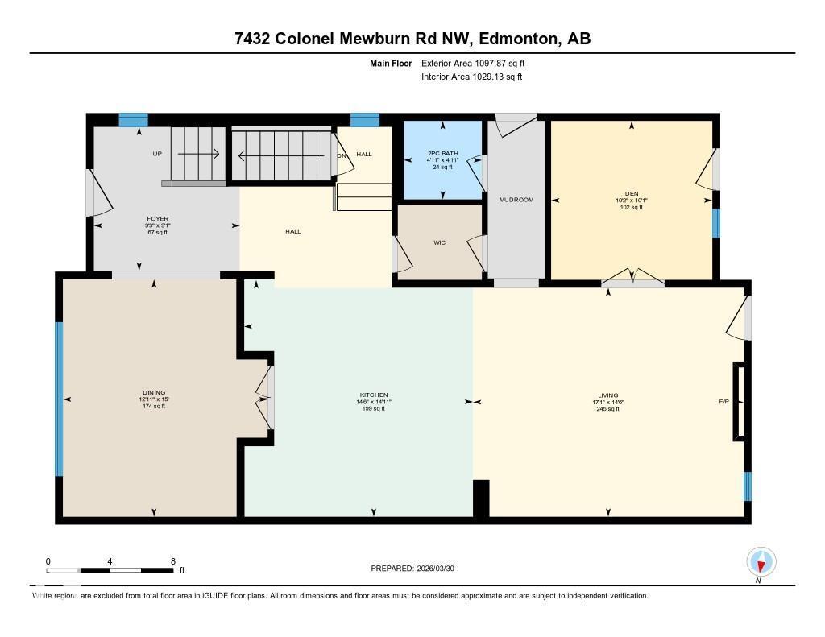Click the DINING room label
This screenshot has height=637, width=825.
153,393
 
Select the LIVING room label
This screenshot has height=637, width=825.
607,395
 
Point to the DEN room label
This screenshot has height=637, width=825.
632,194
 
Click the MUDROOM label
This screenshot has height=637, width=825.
516,200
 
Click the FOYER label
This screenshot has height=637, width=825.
157,218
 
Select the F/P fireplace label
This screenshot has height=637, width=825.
723,401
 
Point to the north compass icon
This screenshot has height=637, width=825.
761,562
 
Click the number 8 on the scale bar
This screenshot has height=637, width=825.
172,561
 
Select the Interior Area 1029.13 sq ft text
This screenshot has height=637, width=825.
471,77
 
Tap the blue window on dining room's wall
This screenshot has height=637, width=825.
58,399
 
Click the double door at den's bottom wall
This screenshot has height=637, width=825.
632,279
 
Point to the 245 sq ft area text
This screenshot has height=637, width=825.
607,408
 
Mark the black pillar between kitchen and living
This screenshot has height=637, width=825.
481,498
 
